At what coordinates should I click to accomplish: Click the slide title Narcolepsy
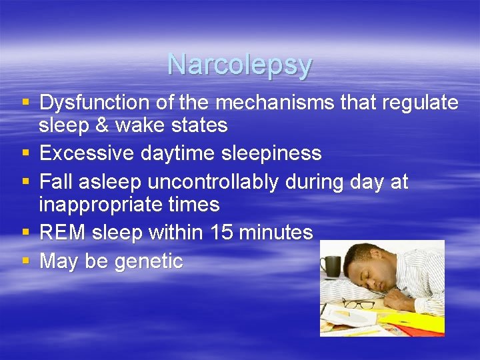pyautogui.click(x=239, y=65)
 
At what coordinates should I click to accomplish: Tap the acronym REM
pyautogui.click(x=63, y=233)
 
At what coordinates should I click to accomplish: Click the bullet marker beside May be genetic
pyautogui.click(x=25, y=261)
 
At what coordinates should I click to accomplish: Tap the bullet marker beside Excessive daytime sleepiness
pyautogui.click(x=25, y=153)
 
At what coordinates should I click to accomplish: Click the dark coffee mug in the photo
pyautogui.click(x=331, y=267)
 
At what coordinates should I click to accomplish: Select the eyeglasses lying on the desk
pyautogui.click(x=360, y=305)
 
